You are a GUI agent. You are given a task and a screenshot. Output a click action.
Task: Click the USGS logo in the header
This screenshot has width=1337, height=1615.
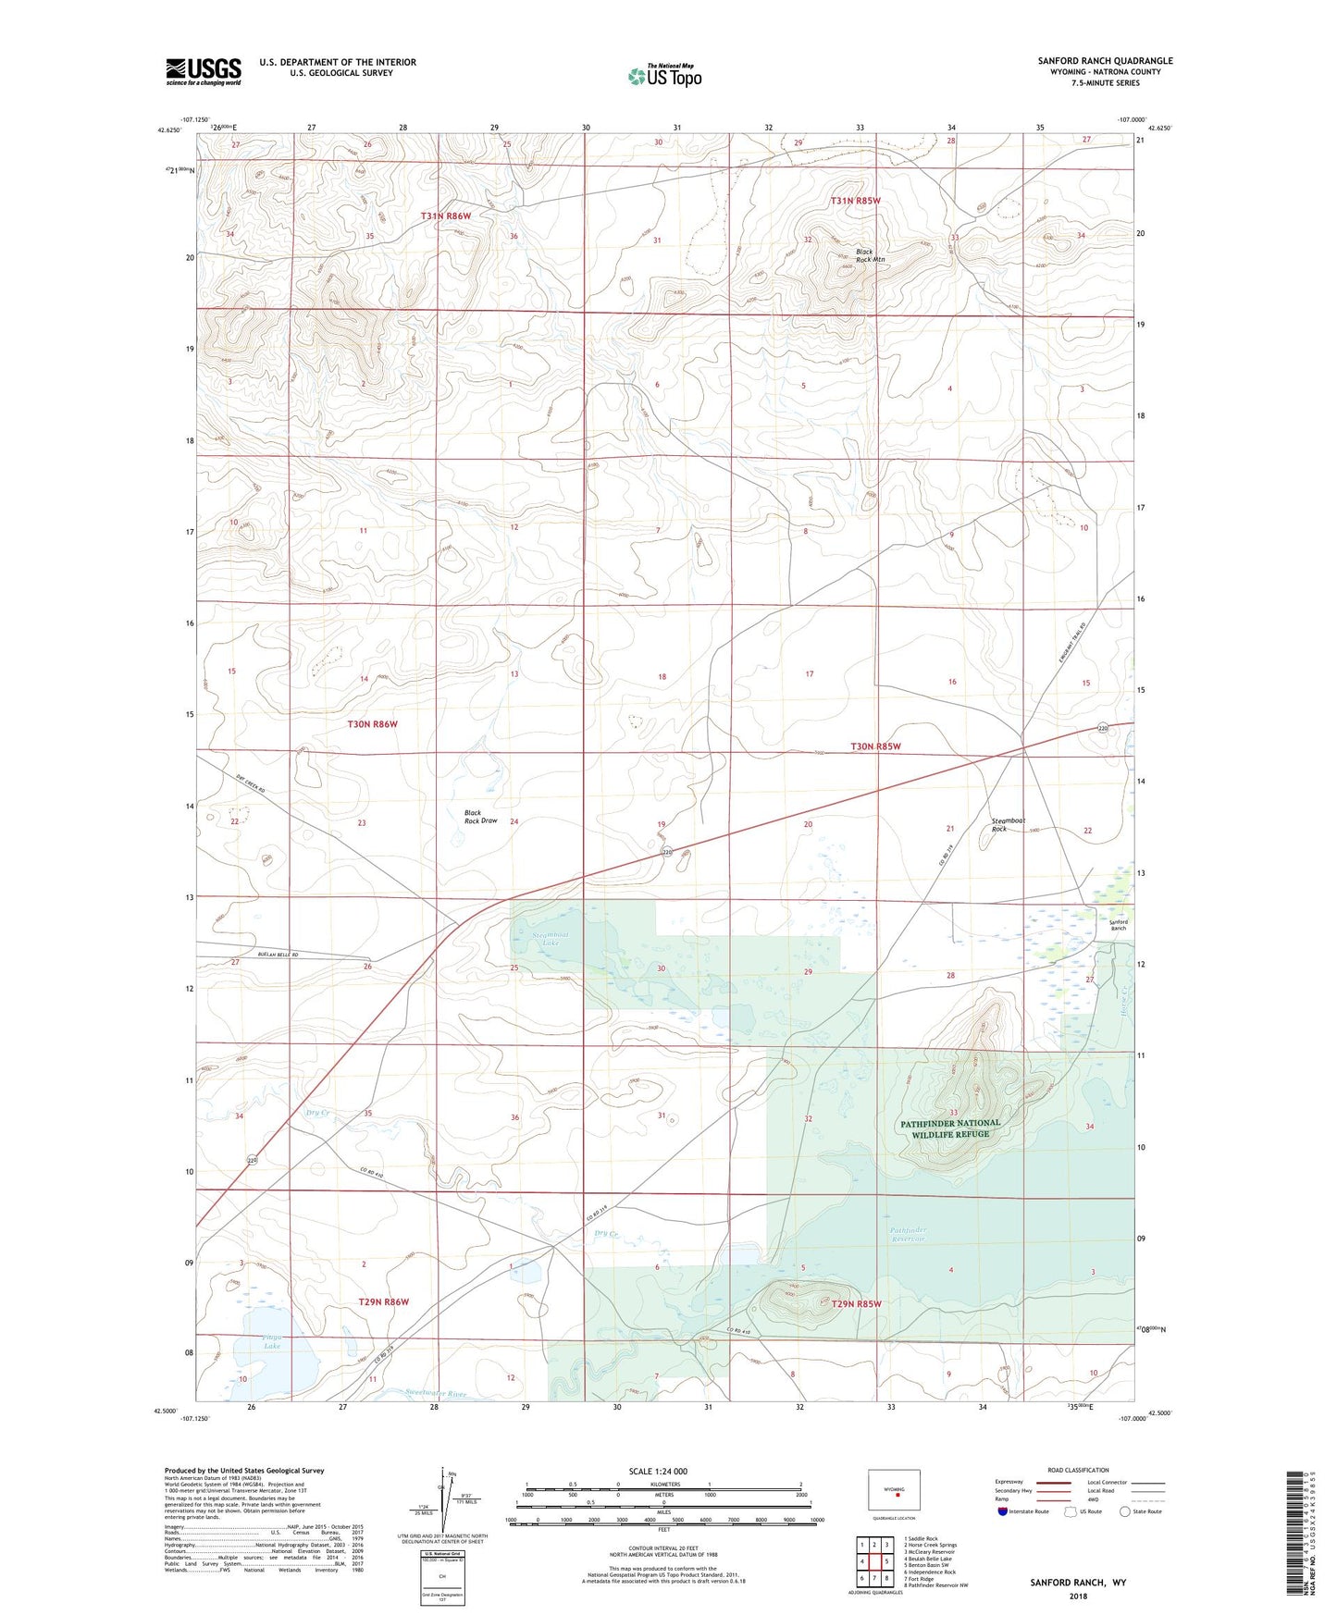204,71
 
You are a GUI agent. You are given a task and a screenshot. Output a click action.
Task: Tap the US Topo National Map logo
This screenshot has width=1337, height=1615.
664,76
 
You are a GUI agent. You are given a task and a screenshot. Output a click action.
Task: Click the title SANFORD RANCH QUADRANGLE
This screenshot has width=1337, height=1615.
1105,61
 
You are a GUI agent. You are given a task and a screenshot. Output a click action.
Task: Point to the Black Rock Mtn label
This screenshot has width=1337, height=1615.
864,256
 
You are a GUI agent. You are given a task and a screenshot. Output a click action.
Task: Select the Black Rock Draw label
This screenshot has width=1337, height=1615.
480,817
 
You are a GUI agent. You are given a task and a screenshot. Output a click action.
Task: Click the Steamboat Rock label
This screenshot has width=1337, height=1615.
1008,824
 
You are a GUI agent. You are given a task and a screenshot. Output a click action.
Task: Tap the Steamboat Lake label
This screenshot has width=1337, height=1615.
551,939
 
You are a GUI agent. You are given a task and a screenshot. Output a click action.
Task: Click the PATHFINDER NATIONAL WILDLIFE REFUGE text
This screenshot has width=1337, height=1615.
950,1128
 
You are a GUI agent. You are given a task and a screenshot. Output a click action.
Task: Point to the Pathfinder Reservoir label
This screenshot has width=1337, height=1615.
908,1235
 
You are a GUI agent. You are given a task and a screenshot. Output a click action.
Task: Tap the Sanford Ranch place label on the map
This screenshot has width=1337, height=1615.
1119,925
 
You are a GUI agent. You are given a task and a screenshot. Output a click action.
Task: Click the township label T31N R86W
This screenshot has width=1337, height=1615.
446,216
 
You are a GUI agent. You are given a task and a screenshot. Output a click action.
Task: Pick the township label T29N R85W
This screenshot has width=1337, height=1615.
856,1304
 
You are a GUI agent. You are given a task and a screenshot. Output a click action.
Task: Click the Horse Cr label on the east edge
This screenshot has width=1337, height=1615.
1124,1001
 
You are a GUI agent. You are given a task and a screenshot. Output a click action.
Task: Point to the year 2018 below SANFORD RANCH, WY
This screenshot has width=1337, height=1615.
1078,1596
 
